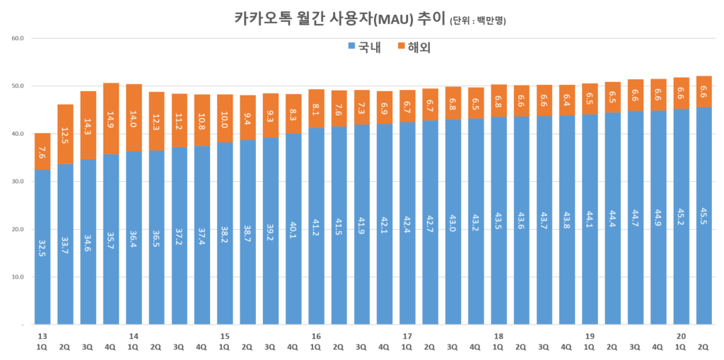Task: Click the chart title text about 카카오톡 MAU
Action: tap(340, 18)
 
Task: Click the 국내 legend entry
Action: tap(365, 47)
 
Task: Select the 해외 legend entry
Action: tap(414, 47)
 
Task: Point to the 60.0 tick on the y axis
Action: tap(18, 38)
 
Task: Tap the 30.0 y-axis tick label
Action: tap(18, 182)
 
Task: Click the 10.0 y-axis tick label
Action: tap(18, 277)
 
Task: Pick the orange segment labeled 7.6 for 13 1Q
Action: tap(42, 151)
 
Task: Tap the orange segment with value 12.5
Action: tap(65, 134)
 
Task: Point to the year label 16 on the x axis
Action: tap(315, 337)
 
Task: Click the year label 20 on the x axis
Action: tap(681, 337)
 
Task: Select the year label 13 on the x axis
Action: tap(42, 337)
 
